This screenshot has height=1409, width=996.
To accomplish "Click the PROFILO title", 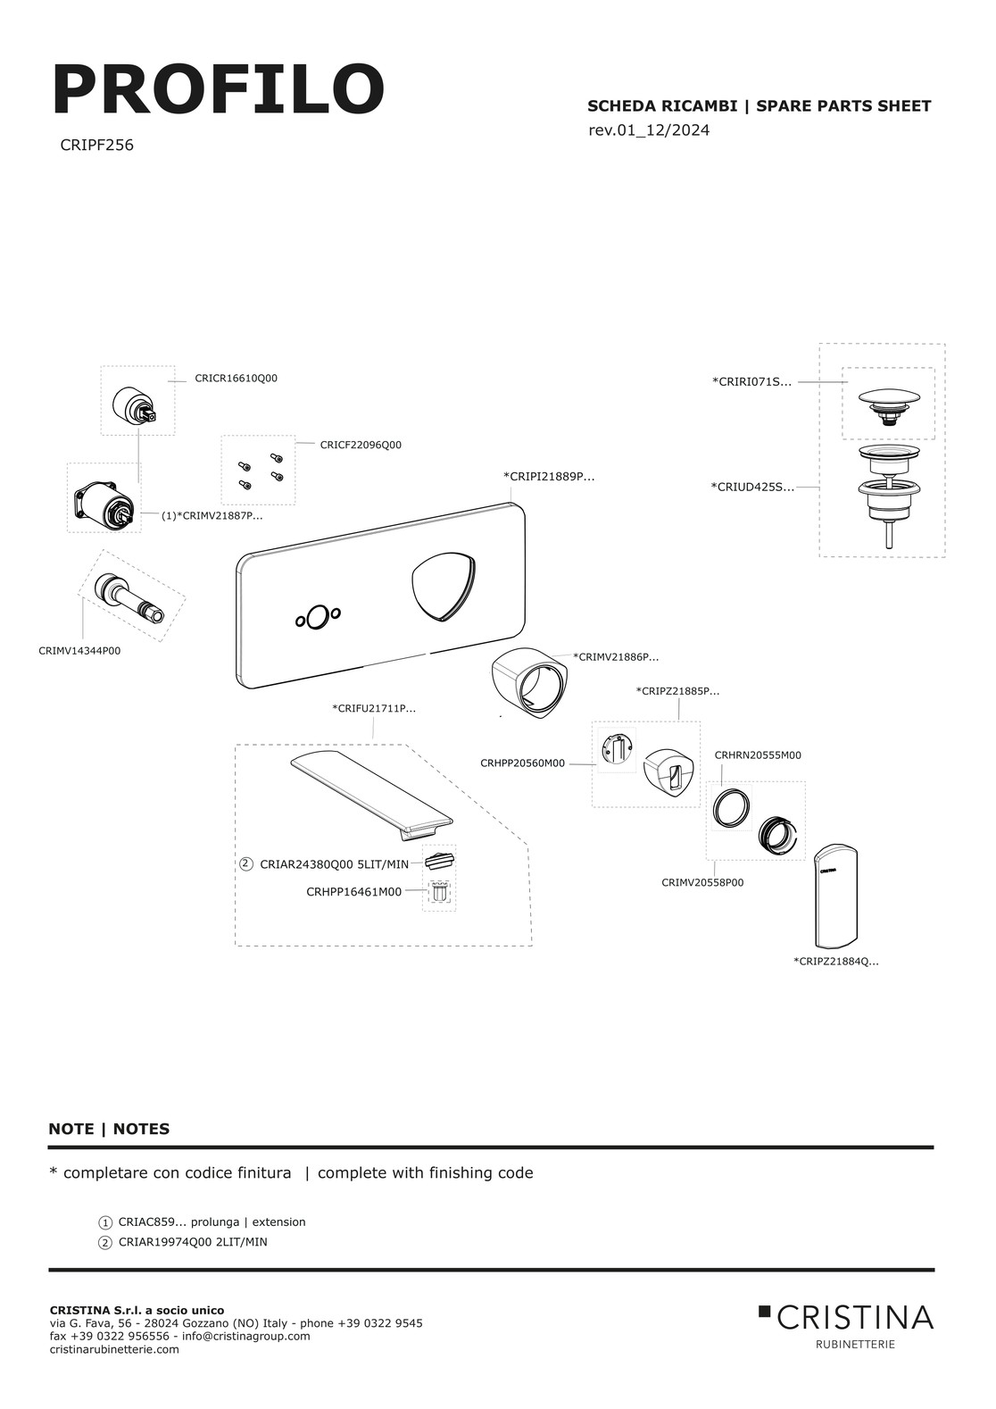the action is [x=218, y=89].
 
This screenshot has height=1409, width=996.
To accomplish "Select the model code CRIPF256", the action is [x=96, y=146].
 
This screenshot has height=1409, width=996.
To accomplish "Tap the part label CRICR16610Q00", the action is [x=236, y=378].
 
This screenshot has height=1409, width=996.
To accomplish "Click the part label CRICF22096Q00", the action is [x=361, y=445].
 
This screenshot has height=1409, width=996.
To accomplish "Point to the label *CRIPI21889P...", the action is [x=549, y=476].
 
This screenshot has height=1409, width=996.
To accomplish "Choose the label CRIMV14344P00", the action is [x=79, y=651].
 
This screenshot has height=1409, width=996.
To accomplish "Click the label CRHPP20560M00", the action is [x=522, y=763].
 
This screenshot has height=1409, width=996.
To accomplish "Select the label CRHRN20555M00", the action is [x=758, y=755].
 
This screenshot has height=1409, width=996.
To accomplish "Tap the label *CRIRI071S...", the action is [x=752, y=381].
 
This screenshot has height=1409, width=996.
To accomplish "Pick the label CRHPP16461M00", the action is [x=354, y=891].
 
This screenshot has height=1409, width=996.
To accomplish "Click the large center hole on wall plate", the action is [x=318, y=616].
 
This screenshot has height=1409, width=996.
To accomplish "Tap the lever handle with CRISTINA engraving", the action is [x=835, y=896].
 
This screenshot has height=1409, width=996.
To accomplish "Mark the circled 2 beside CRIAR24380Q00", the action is [x=246, y=864].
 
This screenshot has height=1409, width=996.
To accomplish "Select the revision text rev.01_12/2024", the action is [x=649, y=130].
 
